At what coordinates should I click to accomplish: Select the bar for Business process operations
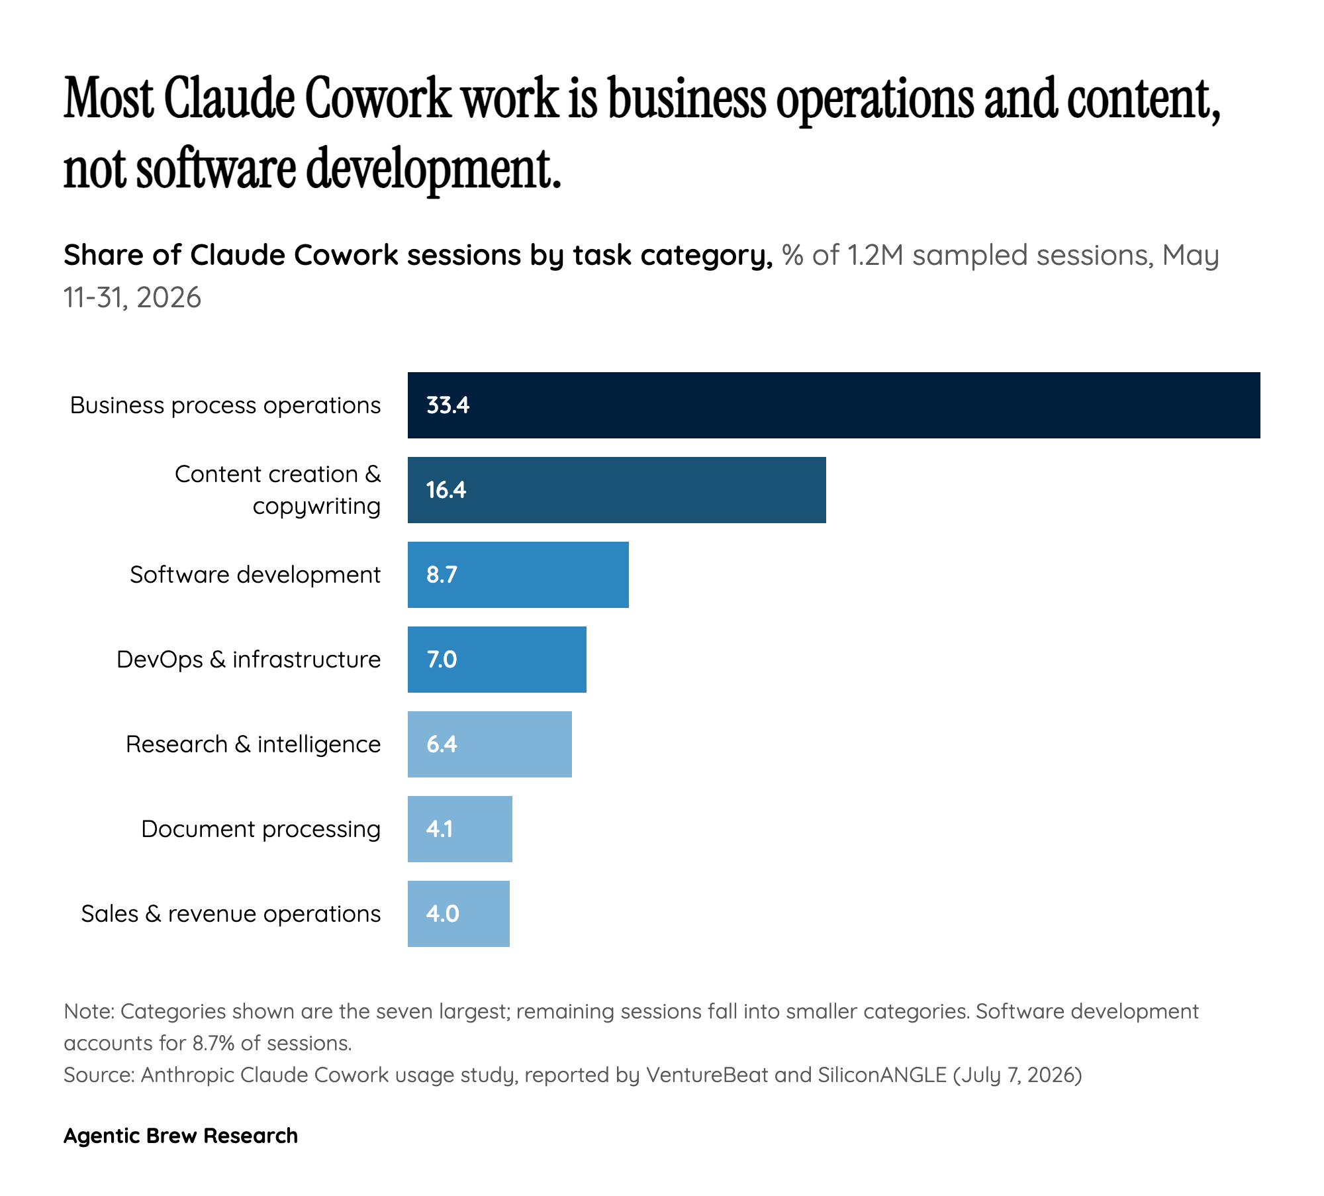pyautogui.click(x=834, y=405)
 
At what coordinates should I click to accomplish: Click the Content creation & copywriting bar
pyautogui.click(x=617, y=490)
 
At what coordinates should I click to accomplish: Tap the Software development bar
pyautogui.click(x=518, y=575)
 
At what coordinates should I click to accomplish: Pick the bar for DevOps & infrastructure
pyautogui.click(x=497, y=660)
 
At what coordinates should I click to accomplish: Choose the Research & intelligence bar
pyautogui.click(x=490, y=744)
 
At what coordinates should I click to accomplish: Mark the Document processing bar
pyautogui.click(x=460, y=829)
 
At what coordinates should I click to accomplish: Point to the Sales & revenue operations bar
pyautogui.click(x=459, y=914)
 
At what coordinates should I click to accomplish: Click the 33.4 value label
pyautogui.click(x=448, y=405)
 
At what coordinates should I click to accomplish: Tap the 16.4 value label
pyautogui.click(x=446, y=490)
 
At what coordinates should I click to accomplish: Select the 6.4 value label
pyautogui.click(x=442, y=744)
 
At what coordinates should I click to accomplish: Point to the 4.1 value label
pyautogui.click(x=440, y=829)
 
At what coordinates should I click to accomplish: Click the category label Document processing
pyautogui.click(x=261, y=830)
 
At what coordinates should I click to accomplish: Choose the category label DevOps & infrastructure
pyautogui.click(x=249, y=660)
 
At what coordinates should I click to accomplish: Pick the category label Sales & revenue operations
pyautogui.click(x=231, y=915)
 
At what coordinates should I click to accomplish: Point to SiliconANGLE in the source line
pyautogui.click(x=882, y=1075)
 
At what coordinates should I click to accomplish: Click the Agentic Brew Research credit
pyautogui.click(x=181, y=1136)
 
